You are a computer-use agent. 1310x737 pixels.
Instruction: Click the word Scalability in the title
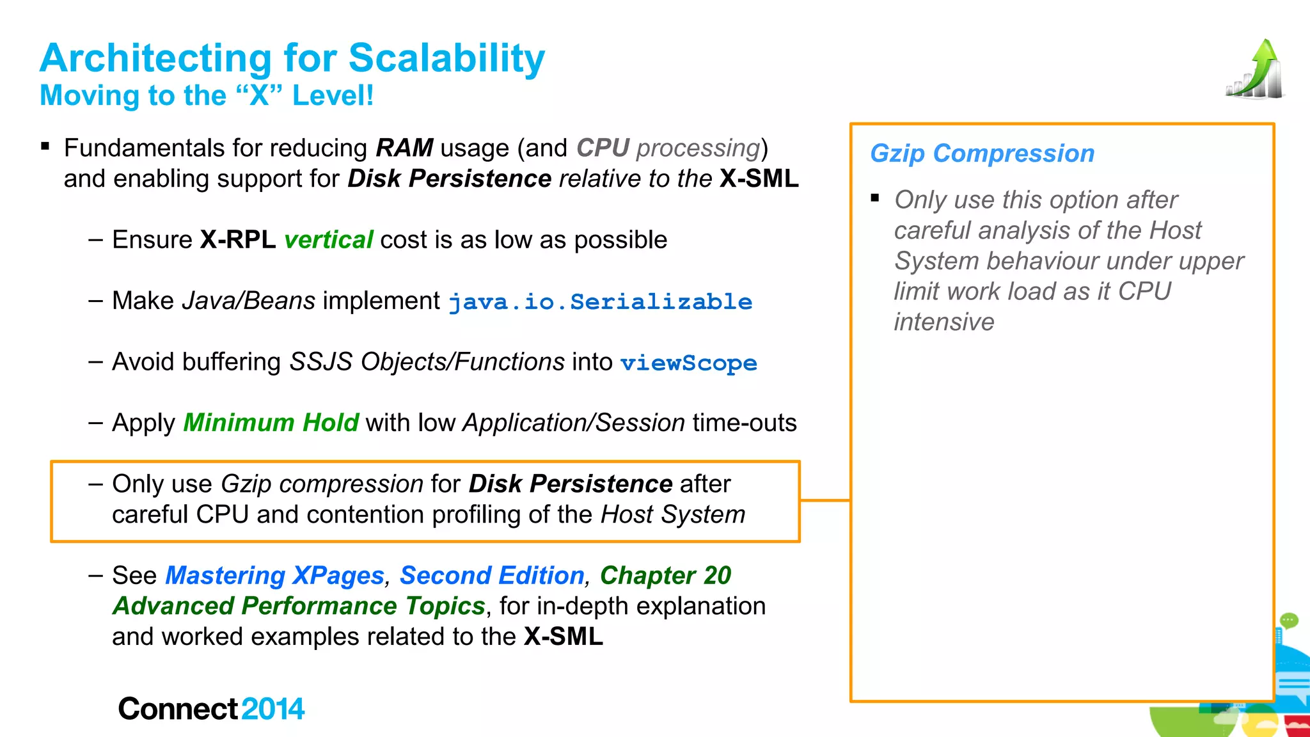coord(446,58)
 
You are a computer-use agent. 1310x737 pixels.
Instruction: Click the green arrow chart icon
coord(1255,70)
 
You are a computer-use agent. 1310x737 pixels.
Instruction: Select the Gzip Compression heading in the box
coord(982,154)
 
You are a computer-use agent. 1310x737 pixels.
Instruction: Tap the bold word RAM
coord(404,148)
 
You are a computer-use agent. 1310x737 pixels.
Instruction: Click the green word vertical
coord(328,240)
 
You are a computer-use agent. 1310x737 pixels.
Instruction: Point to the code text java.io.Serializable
coord(600,302)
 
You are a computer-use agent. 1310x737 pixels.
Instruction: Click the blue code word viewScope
coord(688,363)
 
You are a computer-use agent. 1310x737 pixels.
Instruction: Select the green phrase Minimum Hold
coord(271,423)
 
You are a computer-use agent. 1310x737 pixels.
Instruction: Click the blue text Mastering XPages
coord(274,576)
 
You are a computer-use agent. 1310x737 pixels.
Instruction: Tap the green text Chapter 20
coord(665,576)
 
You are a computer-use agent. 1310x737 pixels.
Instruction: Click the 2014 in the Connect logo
coord(273,709)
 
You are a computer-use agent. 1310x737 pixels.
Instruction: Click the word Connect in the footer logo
coord(178,709)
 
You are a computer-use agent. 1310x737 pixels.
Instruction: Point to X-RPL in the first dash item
coord(237,240)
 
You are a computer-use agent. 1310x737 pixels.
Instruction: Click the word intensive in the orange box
coord(943,322)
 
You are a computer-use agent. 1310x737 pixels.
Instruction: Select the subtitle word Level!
coord(333,96)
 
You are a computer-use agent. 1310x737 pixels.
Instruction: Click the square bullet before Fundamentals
coord(45,147)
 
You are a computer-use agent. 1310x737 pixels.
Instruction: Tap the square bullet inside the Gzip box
coord(875,198)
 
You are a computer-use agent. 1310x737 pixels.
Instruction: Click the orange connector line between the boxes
coord(825,500)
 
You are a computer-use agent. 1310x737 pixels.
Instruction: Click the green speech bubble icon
coord(1288,620)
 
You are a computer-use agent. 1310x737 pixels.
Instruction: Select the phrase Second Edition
coord(492,576)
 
